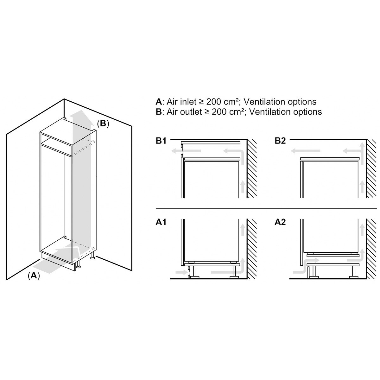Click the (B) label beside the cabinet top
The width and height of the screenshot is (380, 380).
tap(103, 124)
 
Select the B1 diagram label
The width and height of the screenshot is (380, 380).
tap(161, 141)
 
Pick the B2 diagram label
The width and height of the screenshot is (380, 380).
tap(280, 141)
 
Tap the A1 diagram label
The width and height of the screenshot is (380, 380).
tap(161, 222)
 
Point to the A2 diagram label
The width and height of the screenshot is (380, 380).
tap(280, 222)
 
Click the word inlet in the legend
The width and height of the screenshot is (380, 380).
tap(188, 102)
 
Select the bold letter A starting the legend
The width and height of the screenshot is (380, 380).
tap(159, 102)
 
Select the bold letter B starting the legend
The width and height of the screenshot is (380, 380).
tap(159, 112)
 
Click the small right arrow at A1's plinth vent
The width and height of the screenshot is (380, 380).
tap(180, 272)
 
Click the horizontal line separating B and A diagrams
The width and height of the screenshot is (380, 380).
tap(266, 209)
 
